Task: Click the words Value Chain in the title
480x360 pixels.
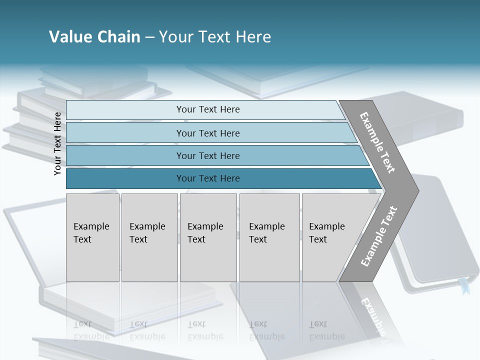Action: [94, 37]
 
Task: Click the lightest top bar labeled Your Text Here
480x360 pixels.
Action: [207, 109]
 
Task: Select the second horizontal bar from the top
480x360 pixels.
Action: [207, 133]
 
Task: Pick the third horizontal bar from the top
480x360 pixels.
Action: [207, 155]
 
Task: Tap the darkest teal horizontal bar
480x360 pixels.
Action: [207, 178]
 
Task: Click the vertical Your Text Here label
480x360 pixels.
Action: [57, 143]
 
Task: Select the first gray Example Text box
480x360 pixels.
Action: [92, 237]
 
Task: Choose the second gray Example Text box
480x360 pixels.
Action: [149, 237]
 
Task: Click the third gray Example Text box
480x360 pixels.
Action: [207, 237]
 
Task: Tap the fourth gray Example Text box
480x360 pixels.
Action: [269, 237]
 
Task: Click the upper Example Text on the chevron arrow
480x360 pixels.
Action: [377, 142]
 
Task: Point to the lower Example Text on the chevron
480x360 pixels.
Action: [378, 236]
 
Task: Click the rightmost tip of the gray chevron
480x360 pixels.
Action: [417, 190]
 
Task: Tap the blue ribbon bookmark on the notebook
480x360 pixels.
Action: [464, 286]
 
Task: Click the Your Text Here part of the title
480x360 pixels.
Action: [215, 37]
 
